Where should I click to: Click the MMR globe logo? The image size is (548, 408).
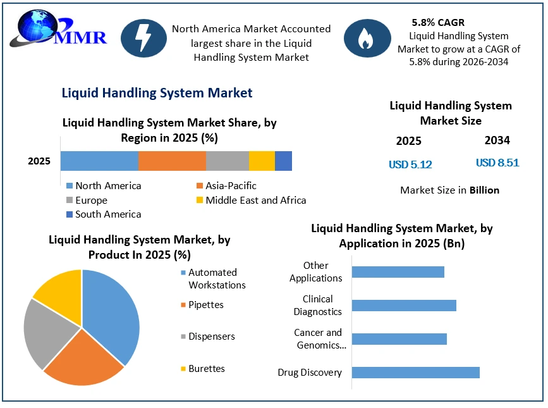tap(58, 28)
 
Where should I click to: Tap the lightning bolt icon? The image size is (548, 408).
tap(143, 38)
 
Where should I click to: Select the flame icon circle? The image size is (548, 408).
tap(367, 38)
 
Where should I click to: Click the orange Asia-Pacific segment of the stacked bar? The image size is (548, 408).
tap(172, 161)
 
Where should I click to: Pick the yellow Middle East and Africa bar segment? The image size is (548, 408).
tap(262, 161)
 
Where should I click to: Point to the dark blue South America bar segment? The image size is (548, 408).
tap(283, 161)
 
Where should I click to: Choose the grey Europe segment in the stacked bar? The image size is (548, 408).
tap(228, 161)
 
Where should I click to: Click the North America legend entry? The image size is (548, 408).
tap(104, 185)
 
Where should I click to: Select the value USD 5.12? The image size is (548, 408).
tap(410, 164)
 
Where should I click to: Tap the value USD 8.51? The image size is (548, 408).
tap(497, 163)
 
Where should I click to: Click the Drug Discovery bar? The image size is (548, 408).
tap(415, 373)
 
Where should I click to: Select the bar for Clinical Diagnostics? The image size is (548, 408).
tap(404, 306)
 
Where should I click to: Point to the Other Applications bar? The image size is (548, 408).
tap(398, 272)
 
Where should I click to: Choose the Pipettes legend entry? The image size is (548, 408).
tap(202, 305)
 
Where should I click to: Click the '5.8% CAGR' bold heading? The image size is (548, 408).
tap(438, 22)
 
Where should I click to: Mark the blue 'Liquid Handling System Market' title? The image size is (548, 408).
tap(157, 93)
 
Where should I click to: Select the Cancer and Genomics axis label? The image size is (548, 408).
tap(320, 339)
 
